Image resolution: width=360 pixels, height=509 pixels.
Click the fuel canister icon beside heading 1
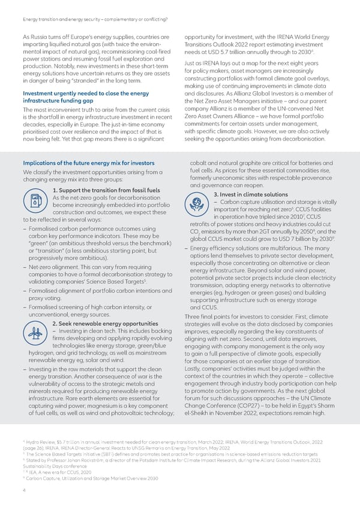[x=34, y=202]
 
